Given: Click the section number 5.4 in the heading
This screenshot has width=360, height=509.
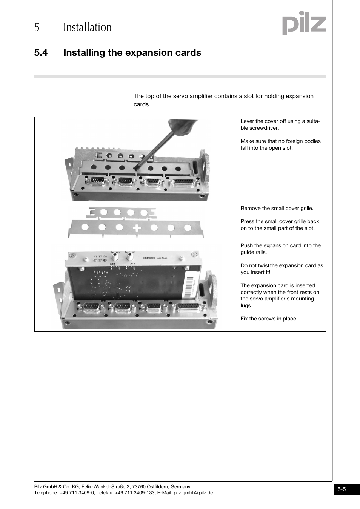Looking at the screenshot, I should point(41,53).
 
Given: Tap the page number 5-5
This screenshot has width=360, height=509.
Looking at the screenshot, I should point(342,489).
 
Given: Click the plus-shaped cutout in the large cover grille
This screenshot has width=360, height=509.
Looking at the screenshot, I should point(137,228).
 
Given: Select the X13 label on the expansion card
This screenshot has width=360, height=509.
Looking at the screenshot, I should point(112,264).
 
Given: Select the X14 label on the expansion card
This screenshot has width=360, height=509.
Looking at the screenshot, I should point(133,264).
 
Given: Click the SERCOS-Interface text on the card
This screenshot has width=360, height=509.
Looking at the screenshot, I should point(155,258).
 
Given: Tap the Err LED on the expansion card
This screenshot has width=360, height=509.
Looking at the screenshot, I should point(105,260).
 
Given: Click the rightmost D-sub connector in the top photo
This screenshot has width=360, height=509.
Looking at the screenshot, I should point(183,182).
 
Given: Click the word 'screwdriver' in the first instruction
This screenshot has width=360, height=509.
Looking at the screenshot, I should point(263,128).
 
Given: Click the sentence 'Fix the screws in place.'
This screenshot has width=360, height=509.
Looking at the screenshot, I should point(269,319).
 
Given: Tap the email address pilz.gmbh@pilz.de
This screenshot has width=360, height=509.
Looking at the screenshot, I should point(193,492).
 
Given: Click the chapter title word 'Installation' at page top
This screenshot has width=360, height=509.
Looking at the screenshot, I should point(88,27).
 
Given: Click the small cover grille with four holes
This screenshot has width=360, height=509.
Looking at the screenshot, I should point(121,213).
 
